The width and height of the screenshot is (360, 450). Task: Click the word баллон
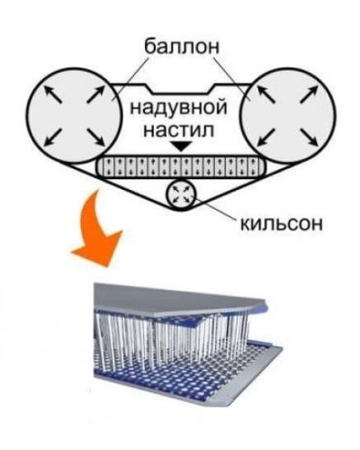click(x=182, y=47)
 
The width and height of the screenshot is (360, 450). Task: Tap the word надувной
click(x=178, y=108)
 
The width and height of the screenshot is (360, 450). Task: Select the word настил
click(x=179, y=130)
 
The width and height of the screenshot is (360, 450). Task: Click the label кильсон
click(x=282, y=223)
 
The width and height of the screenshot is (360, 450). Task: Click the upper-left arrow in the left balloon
click(x=53, y=94)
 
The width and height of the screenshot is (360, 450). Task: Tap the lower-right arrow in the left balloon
click(x=95, y=137)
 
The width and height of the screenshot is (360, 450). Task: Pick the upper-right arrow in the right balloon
click(x=309, y=94)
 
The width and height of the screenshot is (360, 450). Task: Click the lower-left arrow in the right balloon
click(x=266, y=137)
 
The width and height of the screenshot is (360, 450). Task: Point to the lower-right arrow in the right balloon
click(x=310, y=137)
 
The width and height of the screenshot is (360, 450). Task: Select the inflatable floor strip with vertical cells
click(x=181, y=166)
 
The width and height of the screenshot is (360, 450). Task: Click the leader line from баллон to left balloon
click(x=130, y=78)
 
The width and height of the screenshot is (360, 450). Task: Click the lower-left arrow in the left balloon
click(x=53, y=137)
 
